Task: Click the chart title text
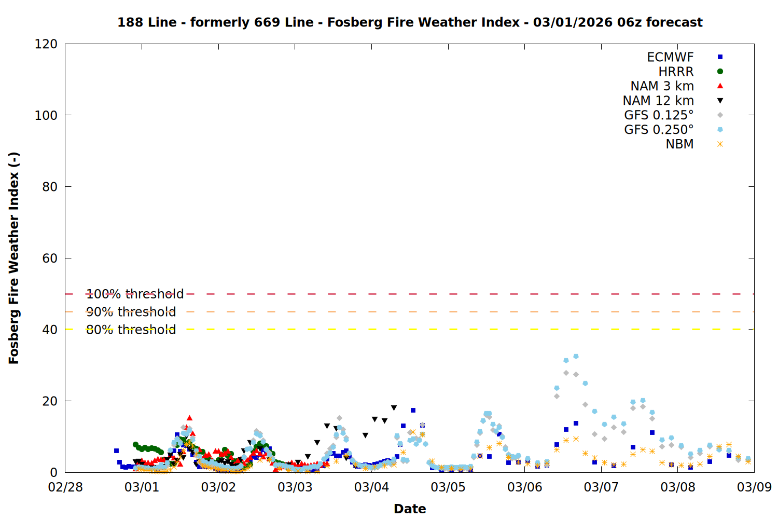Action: (410, 22)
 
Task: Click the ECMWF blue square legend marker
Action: (720, 57)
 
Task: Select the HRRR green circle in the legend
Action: (720, 72)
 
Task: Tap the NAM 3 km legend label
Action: (662, 86)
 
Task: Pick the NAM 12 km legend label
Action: (658, 101)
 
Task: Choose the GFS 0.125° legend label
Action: (659, 115)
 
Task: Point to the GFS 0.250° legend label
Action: (659, 130)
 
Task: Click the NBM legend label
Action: (679, 144)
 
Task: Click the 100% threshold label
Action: (135, 294)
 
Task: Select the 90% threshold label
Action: (131, 312)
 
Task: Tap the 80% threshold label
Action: (131, 330)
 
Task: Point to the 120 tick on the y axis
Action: (46, 44)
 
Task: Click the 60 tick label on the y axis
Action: (50, 258)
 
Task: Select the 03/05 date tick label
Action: (448, 487)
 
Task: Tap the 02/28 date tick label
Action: (65, 487)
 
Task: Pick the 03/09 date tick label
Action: (754, 487)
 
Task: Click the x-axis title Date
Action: (410, 509)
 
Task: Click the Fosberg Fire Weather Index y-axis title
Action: (14, 258)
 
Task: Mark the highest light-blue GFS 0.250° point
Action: (576, 357)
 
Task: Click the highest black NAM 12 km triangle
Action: (394, 408)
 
